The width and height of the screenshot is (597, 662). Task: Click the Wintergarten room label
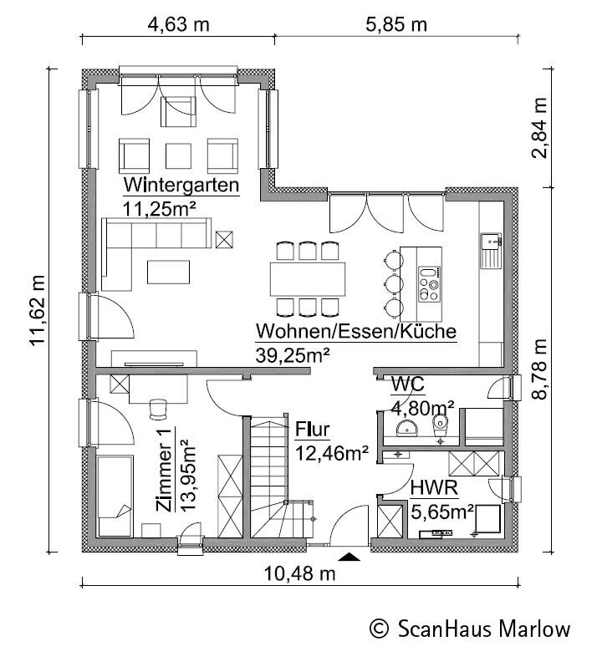pos(181,185)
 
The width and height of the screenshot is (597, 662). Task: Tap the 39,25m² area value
pos(293,355)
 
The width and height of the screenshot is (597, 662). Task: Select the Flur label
pos(312,430)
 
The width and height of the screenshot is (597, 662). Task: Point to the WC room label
pos(407,384)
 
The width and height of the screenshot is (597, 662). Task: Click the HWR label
pos(434,488)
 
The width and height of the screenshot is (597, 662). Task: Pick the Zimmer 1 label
pos(164,470)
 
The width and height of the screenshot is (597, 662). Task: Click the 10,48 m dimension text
pos(300,573)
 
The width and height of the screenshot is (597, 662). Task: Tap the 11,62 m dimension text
pos(37,310)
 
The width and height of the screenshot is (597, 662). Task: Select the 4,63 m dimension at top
pos(178,24)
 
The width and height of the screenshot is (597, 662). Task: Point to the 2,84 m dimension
pos(539,128)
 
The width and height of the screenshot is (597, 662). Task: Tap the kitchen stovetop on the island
pos(430,283)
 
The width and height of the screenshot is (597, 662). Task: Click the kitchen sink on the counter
pos(491,251)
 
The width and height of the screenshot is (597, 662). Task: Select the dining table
pos(308,279)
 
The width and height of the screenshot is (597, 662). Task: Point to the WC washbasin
pos(407,428)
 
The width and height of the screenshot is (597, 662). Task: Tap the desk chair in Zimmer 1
pos(158,409)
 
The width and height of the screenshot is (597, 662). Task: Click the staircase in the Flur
pos(278,477)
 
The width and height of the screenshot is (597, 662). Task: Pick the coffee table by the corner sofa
pos(168,272)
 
